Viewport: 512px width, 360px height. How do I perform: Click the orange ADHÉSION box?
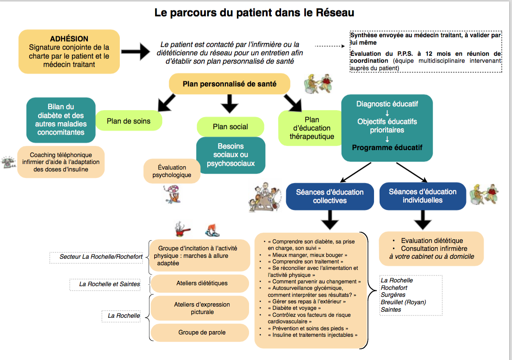69,52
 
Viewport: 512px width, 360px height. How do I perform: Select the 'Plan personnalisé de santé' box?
230,84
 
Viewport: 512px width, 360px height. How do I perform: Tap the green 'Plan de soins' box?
129,121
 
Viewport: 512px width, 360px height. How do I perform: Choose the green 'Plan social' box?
230,127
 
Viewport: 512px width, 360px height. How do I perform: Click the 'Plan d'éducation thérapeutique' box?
311,128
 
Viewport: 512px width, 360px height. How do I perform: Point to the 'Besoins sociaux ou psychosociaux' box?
230,155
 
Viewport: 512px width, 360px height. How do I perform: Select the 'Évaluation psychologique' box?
172,171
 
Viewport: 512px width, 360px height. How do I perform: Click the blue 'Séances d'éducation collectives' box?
330,196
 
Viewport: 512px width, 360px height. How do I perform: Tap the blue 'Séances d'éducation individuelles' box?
422,196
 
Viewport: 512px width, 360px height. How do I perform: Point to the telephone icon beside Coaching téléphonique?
8,162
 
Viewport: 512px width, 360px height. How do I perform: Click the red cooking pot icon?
182,229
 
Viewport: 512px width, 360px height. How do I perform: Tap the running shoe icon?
212,230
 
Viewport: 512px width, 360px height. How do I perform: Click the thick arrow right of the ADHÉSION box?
136,52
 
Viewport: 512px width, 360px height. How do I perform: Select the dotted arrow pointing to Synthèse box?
330,46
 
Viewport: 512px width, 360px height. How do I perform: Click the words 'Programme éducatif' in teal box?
387,148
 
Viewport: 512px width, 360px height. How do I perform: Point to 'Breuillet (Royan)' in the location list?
403,302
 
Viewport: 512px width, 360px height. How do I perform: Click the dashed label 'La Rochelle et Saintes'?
105,284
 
